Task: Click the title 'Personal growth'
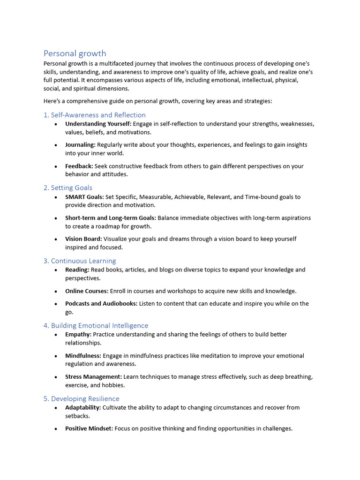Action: coord(75,53)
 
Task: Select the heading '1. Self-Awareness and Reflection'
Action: coord(95,115)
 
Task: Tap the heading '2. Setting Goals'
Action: coord(68,187)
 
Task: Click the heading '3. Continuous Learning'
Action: coord(80,261)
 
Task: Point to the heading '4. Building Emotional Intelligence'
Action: coord(96,325)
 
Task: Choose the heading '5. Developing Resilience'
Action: coord(82,398)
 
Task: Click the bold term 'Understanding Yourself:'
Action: coord(98,124)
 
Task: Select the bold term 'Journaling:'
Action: coord(80,145)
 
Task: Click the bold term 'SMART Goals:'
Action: coord(84,197)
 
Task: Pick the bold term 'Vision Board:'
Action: coord(83,239)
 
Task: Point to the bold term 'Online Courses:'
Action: coord(87,291)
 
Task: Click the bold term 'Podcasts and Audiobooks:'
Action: coord(101,303)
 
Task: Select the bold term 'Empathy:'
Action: coord(78,334)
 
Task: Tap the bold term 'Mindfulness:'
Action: coord(83,355)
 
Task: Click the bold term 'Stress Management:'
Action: coord(93,376)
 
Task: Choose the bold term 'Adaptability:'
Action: coord(83,407)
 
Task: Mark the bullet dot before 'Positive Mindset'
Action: coord(56,429)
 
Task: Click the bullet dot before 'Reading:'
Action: coord(56,270)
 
